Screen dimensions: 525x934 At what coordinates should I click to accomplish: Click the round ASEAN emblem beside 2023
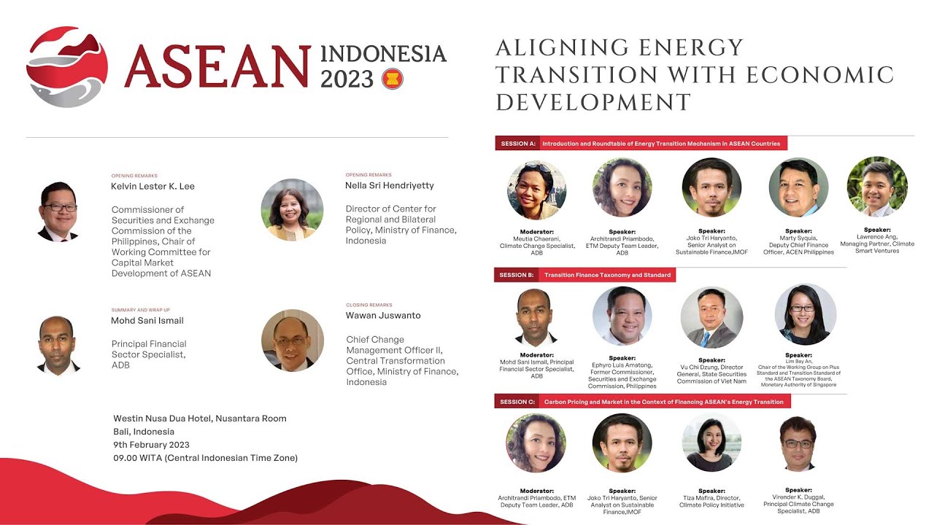(x=392, y=79)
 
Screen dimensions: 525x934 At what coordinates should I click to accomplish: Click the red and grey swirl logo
(x=67, y=67)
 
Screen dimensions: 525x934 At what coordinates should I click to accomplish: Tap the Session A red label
(x=518, y=144)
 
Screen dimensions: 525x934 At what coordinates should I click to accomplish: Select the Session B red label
(x=517, y=275)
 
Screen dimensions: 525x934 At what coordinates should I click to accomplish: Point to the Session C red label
(x=517, y=402)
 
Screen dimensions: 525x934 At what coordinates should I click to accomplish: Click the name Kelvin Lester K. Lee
(x=153, y=186)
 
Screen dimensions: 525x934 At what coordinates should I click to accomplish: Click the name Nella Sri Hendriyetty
(x=390, y=185)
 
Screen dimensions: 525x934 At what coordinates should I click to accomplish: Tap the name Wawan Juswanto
(x=383, y=316)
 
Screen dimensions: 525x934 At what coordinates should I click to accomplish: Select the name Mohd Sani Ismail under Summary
(x=147, y=320)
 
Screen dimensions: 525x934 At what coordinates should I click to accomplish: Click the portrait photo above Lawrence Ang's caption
(x=877, y=187)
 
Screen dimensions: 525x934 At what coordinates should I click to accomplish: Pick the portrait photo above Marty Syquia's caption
(x=798, y=187)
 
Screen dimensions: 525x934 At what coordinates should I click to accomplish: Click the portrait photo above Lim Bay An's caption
(x=806, y=314)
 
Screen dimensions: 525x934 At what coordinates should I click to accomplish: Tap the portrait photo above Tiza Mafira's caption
(x=711, y=443)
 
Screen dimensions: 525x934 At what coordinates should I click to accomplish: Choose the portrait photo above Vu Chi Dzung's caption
(x=711, y=317)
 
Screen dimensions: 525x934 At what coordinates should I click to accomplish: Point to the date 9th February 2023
(x=151, y=445)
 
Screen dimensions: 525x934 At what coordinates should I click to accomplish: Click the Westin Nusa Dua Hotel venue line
(x=200, y=419)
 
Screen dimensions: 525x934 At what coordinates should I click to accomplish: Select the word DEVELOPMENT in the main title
(x=593, y=102)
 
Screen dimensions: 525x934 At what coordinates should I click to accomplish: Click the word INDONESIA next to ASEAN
(x=383, y=54)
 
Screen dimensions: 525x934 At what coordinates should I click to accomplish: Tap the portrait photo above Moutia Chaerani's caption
(x=536, y=190)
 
